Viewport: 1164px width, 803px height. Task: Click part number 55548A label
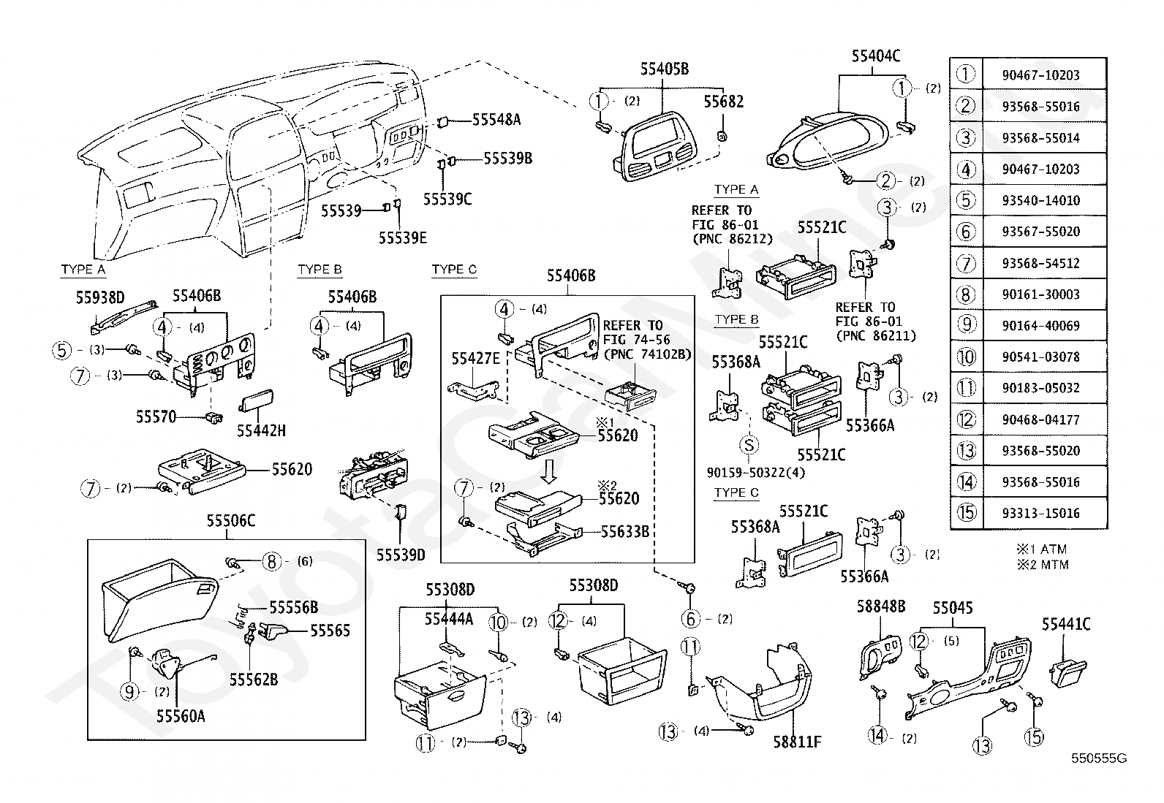[496, 120]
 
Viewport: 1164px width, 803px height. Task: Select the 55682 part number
[723, 102]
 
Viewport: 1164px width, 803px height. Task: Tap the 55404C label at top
[876, 56]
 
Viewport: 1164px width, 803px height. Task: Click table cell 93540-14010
[1041, 200]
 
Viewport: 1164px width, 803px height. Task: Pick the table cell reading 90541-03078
[1041, 357]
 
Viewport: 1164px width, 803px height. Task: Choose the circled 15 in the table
[966, 513]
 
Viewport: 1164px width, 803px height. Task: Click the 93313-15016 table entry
[1041, 513]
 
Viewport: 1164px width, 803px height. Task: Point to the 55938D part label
[100, 297]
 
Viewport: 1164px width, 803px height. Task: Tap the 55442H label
[261, 430]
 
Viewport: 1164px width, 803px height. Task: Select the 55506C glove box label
[231, 520]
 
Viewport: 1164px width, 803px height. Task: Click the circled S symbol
[749, 445]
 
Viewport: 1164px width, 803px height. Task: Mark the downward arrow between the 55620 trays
[549, 470]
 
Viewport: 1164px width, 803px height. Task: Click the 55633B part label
[625, 532]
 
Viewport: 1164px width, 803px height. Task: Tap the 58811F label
[797, 742]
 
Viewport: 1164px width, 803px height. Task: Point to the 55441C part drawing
[1068, 673]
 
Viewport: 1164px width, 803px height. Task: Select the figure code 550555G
[1098, 758]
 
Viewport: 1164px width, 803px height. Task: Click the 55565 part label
[330, 631]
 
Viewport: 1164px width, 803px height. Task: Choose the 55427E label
[475, 358]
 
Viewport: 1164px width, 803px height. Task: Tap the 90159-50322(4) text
[755, 473]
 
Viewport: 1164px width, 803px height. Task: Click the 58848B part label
[881, 606]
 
